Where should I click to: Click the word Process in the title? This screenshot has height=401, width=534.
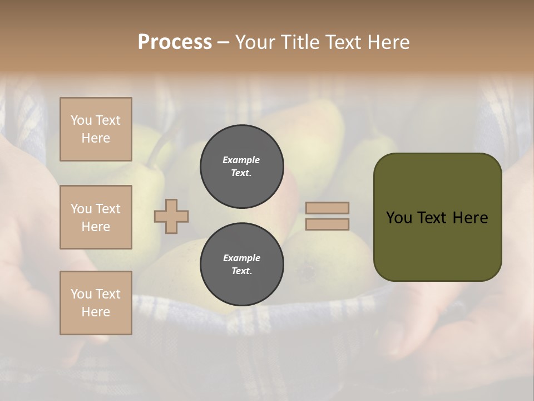[175, 42]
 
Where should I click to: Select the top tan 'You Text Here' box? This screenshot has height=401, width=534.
[96, 129]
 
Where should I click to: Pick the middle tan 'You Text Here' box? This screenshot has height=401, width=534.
[96, 217]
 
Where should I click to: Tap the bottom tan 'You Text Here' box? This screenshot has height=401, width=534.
[96, 303]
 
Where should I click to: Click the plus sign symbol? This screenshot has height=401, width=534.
[171, 216]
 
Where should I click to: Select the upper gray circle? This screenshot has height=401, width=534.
[241, 167]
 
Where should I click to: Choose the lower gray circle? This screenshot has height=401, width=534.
[241, 265]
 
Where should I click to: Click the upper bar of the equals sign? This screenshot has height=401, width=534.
[327, 208]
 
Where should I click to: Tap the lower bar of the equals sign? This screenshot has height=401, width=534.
[327, 224]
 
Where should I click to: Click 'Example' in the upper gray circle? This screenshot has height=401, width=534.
[241, 160]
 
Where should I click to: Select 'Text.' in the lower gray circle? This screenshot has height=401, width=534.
[241, 271]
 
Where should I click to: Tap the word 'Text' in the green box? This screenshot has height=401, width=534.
[433, 218]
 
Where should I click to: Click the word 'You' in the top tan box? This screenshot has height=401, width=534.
[81, 120]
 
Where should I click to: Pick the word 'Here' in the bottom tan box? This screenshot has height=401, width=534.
[96, 312]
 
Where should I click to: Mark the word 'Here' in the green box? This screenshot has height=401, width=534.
[470, 218]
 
